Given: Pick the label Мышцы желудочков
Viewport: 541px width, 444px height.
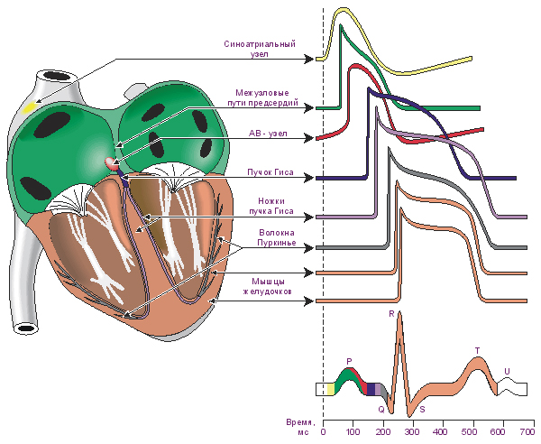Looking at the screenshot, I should pyautogui.click(x=270, y=286).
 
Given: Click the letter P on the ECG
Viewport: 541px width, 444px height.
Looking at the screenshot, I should pyautogui.click(x=348, y=361).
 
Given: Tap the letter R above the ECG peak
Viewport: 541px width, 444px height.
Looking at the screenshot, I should pyautogui.click(x=391, y=313).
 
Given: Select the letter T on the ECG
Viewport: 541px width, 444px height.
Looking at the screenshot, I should pyautogui.click(x=477, y=350).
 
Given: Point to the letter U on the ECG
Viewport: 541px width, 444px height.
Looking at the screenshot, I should pyautogui.click(x=507, y=370).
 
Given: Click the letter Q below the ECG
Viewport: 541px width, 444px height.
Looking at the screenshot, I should pyautogui.click(x=381, y=409).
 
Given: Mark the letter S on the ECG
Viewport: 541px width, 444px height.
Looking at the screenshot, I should pyautogui.click(x=422, y=409).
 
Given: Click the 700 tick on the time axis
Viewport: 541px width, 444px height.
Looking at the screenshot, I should pyautogui.click(x=529, y=431).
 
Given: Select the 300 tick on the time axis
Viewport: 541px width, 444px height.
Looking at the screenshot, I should pyautogui.click(x=411, y=431).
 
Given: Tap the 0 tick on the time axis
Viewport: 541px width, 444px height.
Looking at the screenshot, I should pyautogui.click(x=323, y=431).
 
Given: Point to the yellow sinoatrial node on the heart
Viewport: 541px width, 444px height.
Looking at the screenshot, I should pyautogui.click(x=31, y=106).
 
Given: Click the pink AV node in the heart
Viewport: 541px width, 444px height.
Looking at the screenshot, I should pyautogui.click(x=113, y=163).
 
